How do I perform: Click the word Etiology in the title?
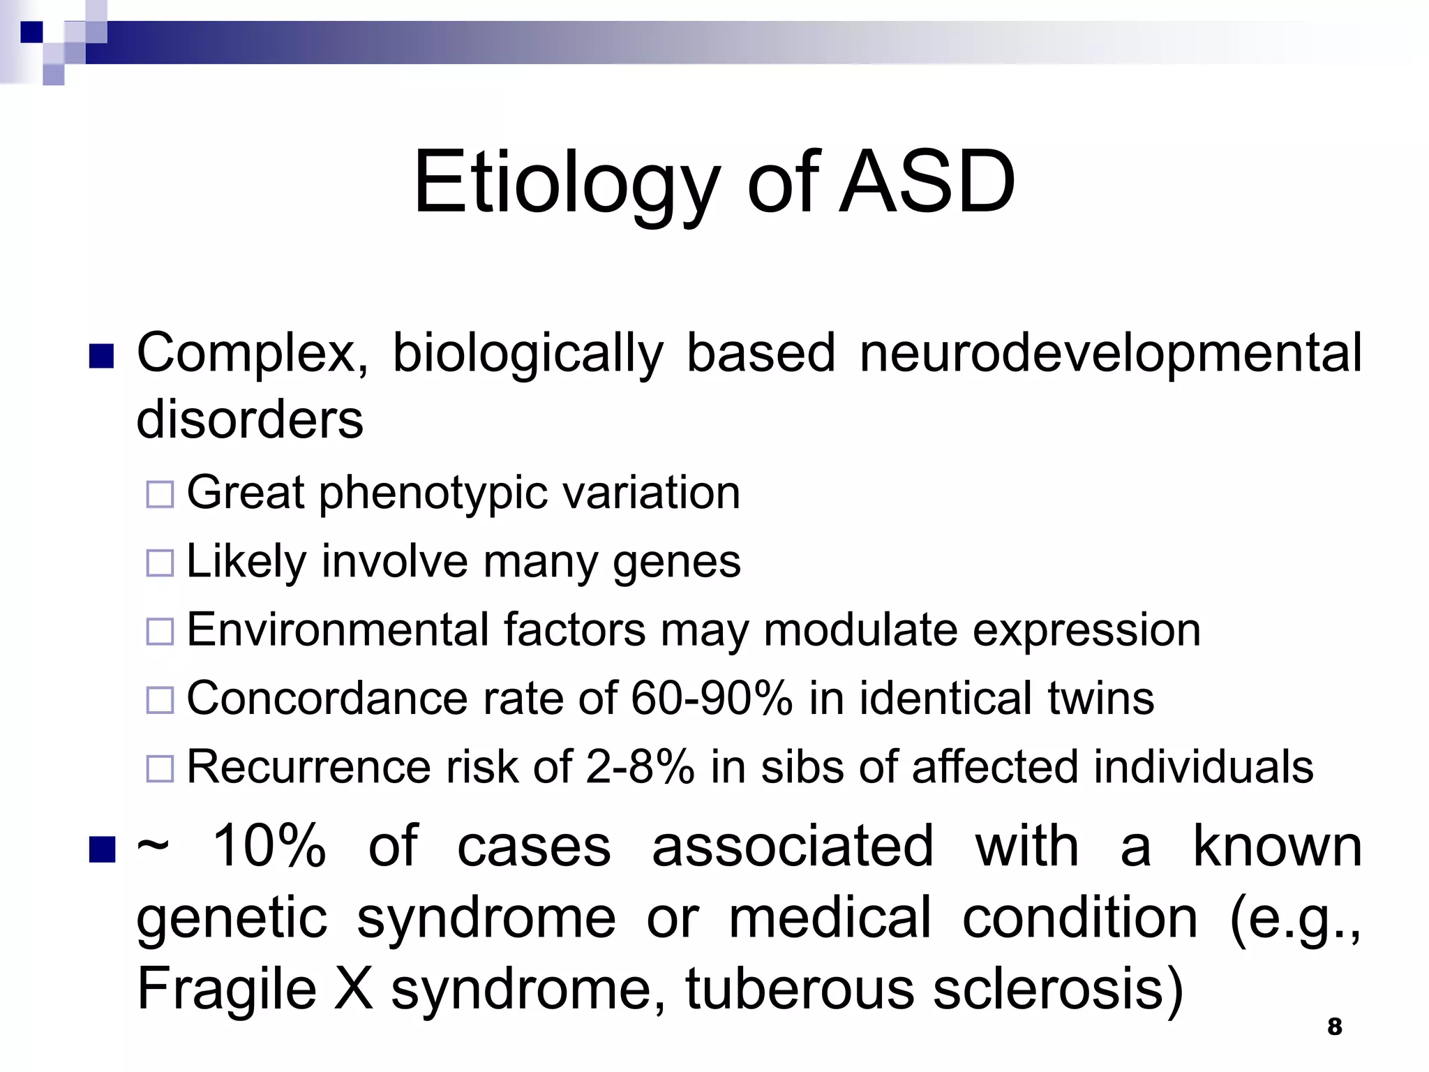pyautogui.click(x=565, y=183)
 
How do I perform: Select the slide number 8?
pyautogui.click(x=1334, y=1027)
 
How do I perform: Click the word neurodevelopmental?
pyautogui.click(x=1110, y=353)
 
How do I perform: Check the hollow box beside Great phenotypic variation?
pyautogui.click(x=160, y=494)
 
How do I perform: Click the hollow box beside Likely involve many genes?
pyautogui.click(x=160, y=563)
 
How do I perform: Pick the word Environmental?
pyautogui.click(x=337, y=630)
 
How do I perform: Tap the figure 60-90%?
pyautogui.click(x=711, y=698)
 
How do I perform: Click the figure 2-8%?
pyautogui.click(x=640, y=766)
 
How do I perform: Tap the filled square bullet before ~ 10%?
pyautogui.click(x=102, y=849)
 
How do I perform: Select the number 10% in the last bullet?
pyautogui.click(x=269, y=847)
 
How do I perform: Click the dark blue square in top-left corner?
pyautogui.click(x=32, y=31)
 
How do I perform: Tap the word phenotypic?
pyautogui.click(x=433, y=494)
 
